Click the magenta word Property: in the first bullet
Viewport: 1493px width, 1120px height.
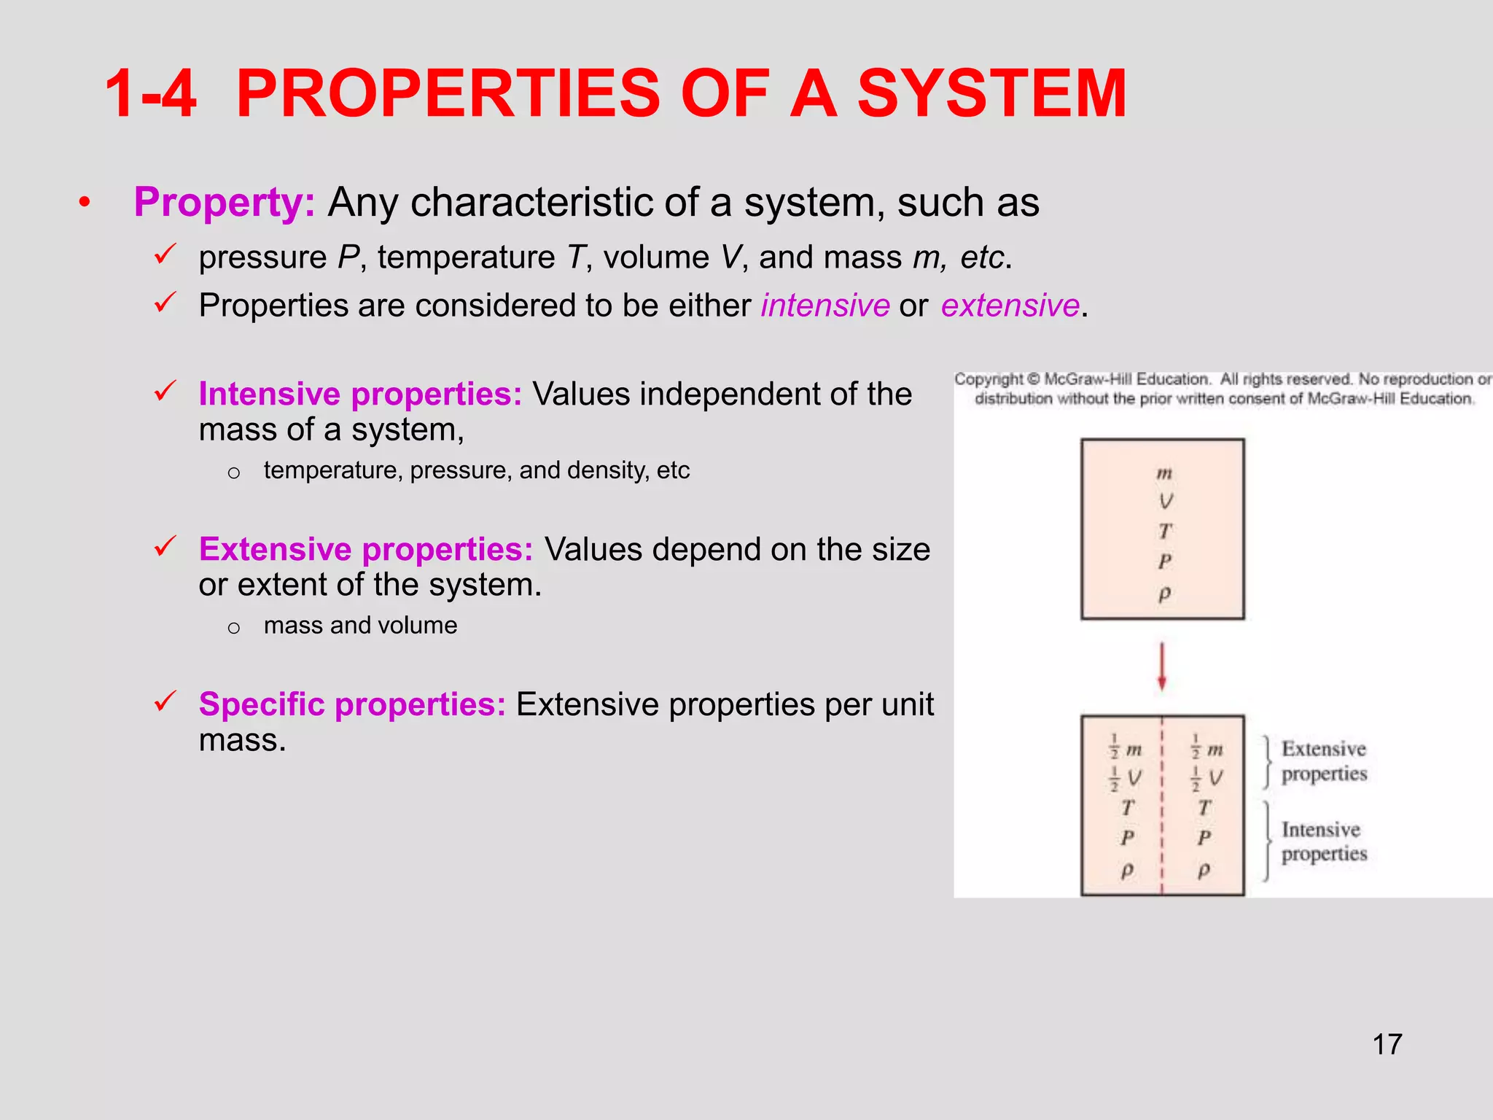(x=224, y=203)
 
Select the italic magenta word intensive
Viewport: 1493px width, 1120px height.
(x=825, y=306)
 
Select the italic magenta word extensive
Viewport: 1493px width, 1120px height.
(x=1010, y=306)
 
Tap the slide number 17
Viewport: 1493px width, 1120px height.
(x=1387, y=1044)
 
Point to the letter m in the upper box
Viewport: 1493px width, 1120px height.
(x=1164, y=473)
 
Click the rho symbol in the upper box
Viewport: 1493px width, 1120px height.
(x=1164, y=594)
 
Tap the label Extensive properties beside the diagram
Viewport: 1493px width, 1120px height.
(x=1324, y=761)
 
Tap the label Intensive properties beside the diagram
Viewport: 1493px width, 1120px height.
(x=1324, y=841)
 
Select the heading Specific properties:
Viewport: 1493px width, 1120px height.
(x=352, y=704)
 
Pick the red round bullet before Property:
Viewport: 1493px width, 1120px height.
(x=85, y=203)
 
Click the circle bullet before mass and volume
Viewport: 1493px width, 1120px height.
(x=233, y=628)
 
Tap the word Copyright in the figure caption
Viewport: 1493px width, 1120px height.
(x=989, y=379)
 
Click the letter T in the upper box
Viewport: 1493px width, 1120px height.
(x=1165, y=532)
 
